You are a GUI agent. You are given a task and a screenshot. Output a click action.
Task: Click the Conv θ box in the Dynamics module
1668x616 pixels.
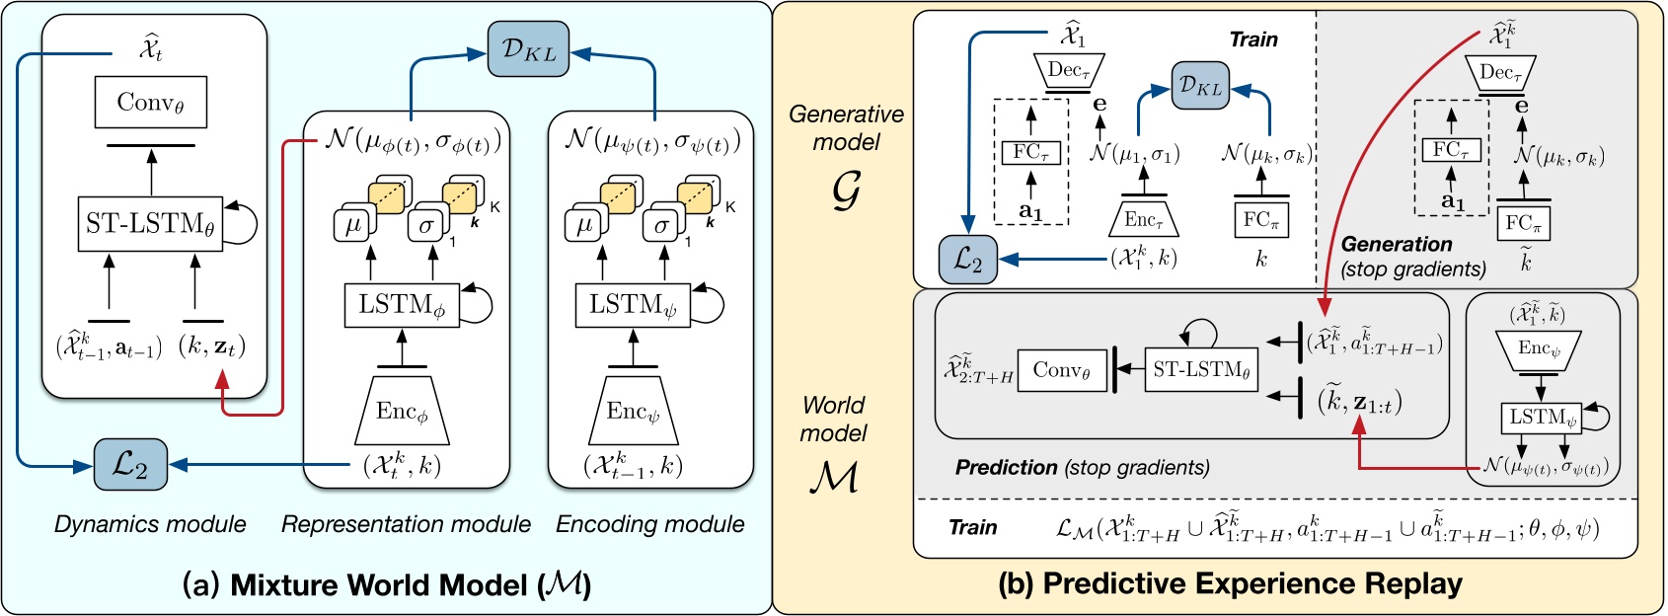click(x=151, y=102)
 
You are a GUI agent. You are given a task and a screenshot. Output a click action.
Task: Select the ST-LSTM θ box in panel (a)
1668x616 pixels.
click(x=150, y=224)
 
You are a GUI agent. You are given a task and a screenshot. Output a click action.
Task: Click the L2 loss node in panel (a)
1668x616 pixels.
click(x=130, y=464)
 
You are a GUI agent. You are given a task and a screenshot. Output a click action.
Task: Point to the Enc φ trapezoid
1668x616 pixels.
click(x=402, y=411)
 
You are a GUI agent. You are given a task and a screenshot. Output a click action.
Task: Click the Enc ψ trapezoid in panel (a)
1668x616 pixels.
click(x=633, y=411)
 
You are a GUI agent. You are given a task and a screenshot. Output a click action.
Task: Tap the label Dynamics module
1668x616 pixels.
click(x=150, y=524)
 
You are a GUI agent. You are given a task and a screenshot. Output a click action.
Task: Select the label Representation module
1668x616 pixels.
click(x=406, y=524)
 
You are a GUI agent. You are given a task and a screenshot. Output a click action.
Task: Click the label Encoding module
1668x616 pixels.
click(x=649, y=524)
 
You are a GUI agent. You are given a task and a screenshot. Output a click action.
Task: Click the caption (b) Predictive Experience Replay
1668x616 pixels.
click(x=1229, y=583)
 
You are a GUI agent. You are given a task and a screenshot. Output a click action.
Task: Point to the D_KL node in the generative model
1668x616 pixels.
click(x=1201, y=86)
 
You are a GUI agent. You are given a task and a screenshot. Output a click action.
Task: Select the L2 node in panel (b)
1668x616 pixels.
click(x=968, y=260)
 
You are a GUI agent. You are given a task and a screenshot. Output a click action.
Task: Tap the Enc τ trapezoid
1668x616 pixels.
click(x=1144, y=219)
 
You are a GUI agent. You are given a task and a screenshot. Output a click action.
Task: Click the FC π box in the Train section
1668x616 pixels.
click(x=1261, y=219)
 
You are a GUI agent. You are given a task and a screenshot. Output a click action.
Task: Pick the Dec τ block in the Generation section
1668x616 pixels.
click(x=1501, y=72)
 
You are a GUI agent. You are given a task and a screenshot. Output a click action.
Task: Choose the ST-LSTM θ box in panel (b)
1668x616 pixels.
click(x=1201, y=370)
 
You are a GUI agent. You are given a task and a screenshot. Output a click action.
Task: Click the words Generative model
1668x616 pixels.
click(x=846, y=127)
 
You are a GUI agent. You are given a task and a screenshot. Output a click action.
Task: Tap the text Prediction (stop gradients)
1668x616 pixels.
click(x=1082, y=467)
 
